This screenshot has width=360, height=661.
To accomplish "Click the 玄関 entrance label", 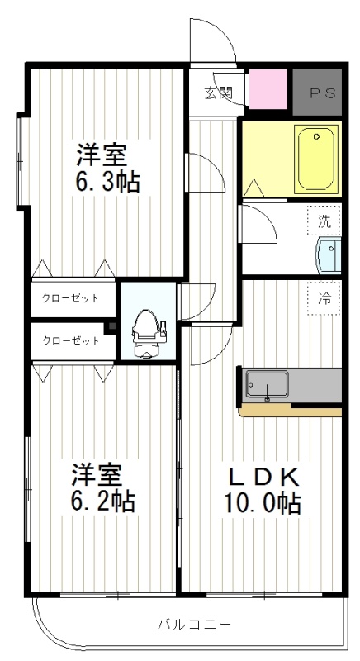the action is [219, 93].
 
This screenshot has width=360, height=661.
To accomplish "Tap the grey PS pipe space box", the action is [317, 92].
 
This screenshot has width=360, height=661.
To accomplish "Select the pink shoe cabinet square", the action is [268, 89].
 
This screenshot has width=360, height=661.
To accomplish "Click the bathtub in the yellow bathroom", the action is [316, 159].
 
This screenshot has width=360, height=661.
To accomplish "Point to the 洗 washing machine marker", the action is [324, 221].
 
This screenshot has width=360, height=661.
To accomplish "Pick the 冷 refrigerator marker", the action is [324, 298].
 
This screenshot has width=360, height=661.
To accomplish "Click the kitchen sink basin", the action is [267, 384].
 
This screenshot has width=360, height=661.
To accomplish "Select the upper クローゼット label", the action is [70, 298].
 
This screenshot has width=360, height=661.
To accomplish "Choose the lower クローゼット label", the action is [71, 340].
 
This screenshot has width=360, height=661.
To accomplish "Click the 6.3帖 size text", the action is [107, 183].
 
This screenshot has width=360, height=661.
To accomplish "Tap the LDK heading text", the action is [263, 478].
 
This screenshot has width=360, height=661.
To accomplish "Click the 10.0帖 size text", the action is [262, 503].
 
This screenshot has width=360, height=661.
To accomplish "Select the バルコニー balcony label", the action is [195, 624].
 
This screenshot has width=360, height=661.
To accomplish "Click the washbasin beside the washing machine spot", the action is [328, 255].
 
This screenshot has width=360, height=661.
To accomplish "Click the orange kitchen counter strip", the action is [291, 411].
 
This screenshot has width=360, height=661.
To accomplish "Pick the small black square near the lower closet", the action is [111, 326].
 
